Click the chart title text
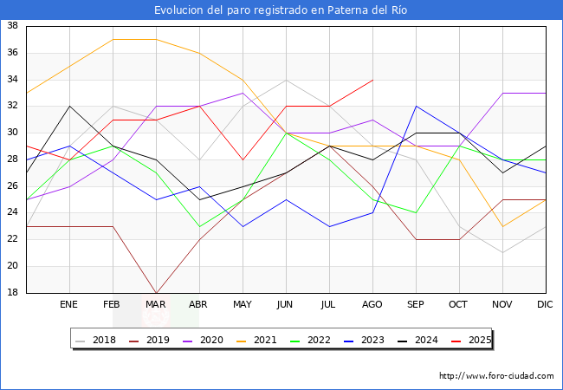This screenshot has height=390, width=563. (x=281, y=10)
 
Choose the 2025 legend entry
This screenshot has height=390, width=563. (x=476, y=340)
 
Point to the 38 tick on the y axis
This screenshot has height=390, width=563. (x=13, y=26)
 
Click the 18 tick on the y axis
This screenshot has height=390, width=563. (x=13, y=293)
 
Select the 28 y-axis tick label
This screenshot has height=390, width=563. (x=13, y=159)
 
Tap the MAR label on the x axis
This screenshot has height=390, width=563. (x=156, y=305)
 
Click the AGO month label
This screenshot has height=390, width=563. (x=372, y=305)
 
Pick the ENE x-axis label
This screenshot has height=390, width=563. (x=69, y=305)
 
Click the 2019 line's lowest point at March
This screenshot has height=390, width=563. (x=156, y=293)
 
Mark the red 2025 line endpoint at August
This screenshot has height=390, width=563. (x=372, y=80)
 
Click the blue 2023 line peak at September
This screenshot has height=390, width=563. (x=416, y=106)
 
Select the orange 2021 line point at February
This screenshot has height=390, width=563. (x=113, y=39)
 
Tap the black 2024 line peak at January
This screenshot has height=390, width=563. (x=69, y=106)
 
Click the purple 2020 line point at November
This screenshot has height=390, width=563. (x=502, y=93)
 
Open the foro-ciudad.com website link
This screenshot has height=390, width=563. (x=496, y=376)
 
